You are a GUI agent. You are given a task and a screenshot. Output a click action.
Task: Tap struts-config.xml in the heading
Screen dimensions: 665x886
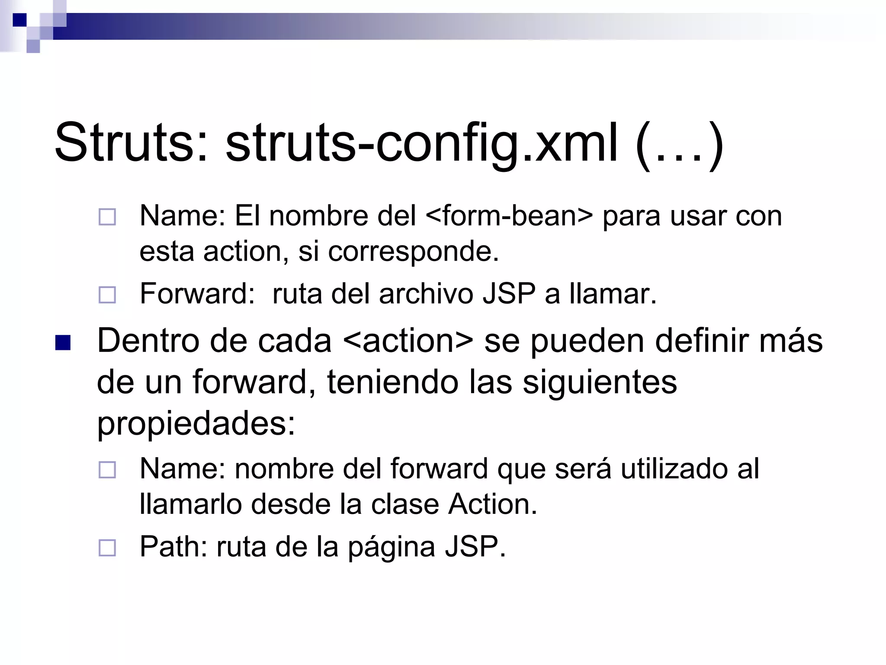[x=422, y=143]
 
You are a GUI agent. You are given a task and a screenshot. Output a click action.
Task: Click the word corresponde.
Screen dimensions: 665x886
[x=414, y=252]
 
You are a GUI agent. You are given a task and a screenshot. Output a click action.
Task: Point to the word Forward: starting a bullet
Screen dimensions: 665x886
[x=197, y=294]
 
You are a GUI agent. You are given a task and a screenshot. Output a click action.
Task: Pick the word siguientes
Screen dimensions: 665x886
[x=600, y=382]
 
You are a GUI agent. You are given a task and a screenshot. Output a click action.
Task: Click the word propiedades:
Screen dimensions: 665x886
[x=196, y=424]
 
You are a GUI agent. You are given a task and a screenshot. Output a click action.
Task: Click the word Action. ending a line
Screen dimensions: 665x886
[x=493, y=504]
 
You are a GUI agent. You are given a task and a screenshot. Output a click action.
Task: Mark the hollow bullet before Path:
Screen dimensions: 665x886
[x=107, y=548]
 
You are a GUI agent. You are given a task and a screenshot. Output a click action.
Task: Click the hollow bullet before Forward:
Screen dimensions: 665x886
[x=107, y=295]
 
